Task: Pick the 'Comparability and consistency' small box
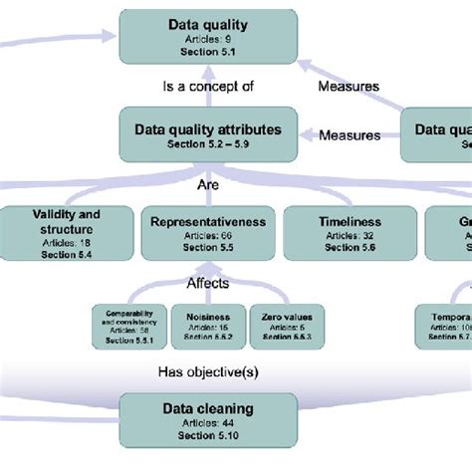point(128,327)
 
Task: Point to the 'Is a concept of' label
point(208,87)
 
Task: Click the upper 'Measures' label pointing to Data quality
point(348,87)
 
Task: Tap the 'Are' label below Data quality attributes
point(207,184)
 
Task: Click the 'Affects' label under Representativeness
point(207,284)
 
